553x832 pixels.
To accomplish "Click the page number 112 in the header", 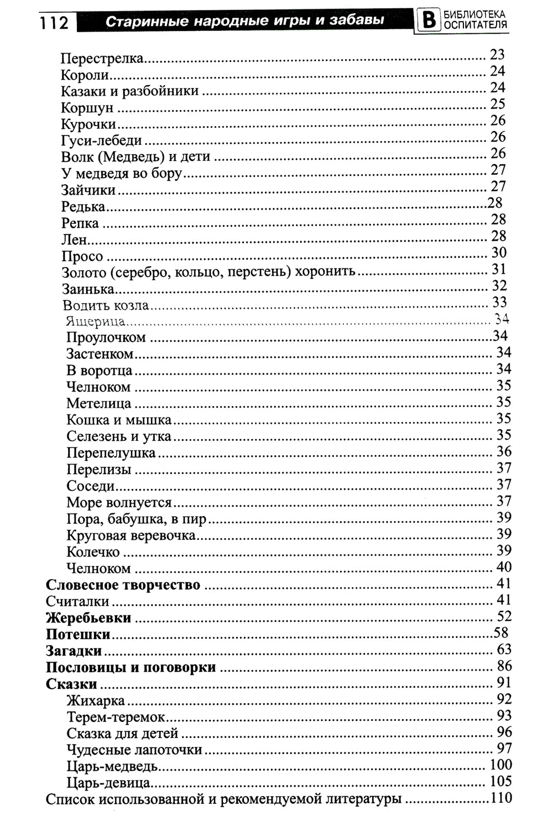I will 54,22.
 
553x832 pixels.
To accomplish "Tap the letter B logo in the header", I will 427,20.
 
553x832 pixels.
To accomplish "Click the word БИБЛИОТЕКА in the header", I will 475,15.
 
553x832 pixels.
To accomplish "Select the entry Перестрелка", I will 102,58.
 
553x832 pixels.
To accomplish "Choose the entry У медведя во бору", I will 121,174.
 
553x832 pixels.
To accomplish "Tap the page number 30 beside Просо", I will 499,253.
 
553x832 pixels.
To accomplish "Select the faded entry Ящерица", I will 95,321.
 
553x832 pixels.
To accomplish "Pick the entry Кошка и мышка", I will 119,420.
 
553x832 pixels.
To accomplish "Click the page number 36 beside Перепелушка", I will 504,451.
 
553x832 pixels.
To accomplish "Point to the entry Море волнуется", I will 119,503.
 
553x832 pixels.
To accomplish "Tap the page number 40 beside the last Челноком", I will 504,567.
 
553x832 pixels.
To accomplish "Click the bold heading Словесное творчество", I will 123,585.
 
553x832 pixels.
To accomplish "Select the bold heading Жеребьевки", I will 88,618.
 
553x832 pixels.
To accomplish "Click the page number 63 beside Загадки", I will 504,649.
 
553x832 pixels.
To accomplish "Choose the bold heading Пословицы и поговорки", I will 131,668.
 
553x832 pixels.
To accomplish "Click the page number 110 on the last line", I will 501,798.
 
